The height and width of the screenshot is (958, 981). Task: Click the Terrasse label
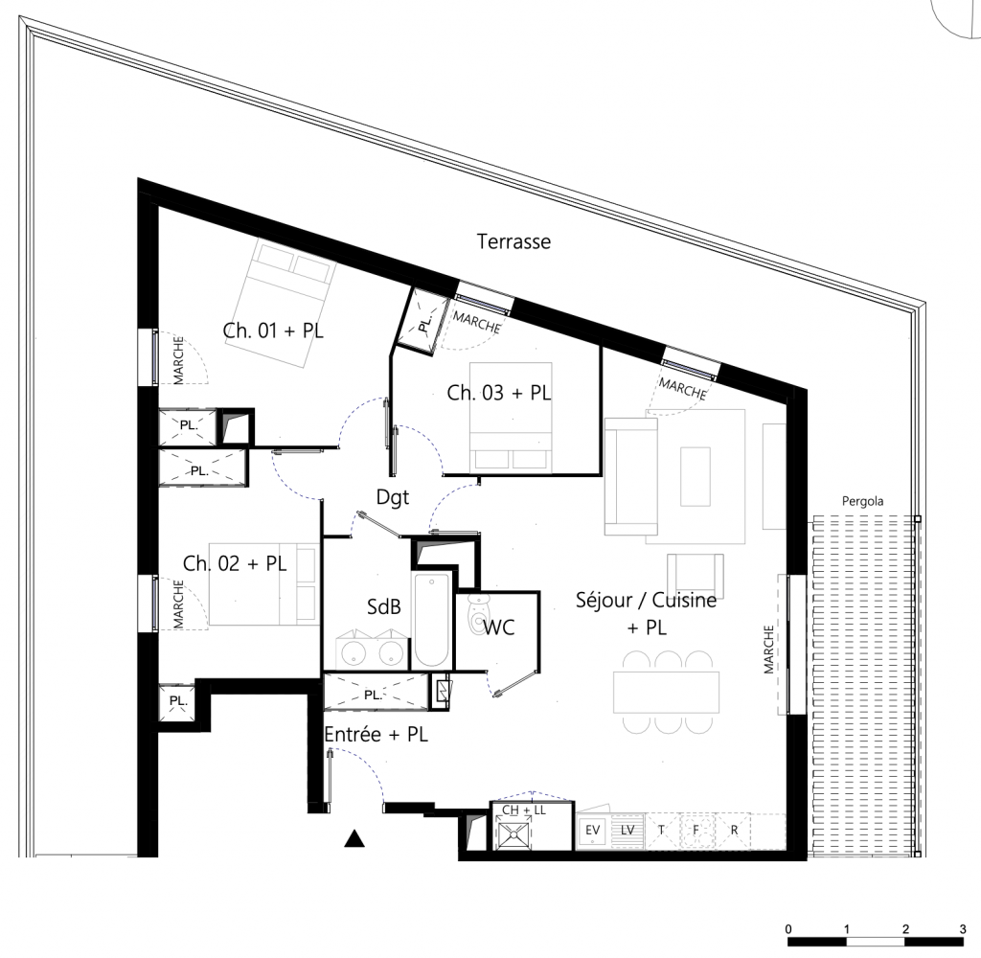coord(513,242)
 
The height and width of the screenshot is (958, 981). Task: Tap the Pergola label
coord(862,500)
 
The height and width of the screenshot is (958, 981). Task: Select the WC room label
coord(499,628)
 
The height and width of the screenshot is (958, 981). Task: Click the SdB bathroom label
coord(383,607)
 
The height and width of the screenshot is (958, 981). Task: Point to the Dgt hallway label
coord(392,496)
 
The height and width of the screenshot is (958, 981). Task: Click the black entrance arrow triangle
coord(355,840)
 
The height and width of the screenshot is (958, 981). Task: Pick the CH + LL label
coord(524,810)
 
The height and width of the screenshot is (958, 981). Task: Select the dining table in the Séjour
coord(667,691)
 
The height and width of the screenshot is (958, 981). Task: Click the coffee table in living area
coord(695,476)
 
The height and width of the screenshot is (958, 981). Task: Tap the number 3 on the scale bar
coord(963,929)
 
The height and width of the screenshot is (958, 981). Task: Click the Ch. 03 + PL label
coord(499,392)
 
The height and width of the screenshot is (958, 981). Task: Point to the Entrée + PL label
coord(376,735)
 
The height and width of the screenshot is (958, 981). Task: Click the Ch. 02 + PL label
coord(235,564)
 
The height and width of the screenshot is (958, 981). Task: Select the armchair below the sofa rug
coord(694,573)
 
